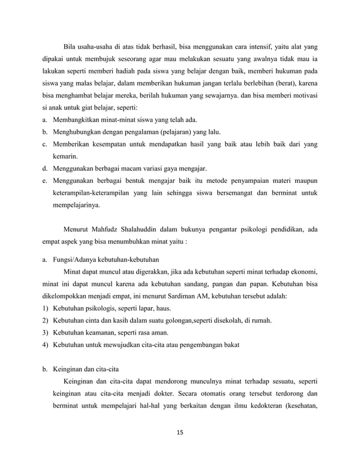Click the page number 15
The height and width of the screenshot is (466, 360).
[180, 433]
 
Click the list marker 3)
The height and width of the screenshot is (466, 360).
[45, 332]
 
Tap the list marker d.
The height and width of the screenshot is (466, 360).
[44, 168]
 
